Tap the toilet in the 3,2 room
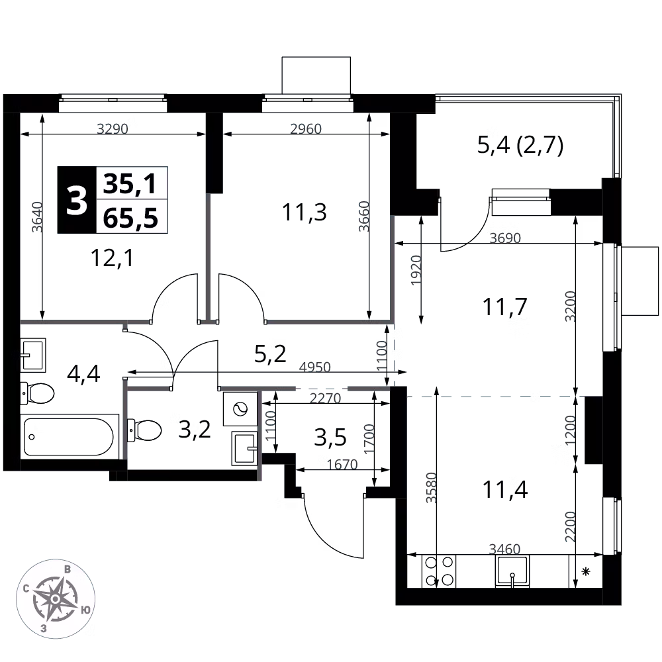[x=144, y=430]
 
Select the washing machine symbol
[x=240, y=408]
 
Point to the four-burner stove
[x=439, y=571]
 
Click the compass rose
[x=56, y=598]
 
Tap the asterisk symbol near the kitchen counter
[x=586, y=572]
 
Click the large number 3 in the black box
[x=77, y=201]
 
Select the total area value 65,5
[x=130, y=218]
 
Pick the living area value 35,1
[x=130, y=183]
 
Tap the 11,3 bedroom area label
[x=305, y=212]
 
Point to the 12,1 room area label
[x=113, y=258]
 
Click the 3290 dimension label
[x=113, y=128]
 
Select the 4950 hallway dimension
[x=314, y=367]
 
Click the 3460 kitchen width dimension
[x=504, y=549]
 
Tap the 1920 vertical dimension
[x=416, y=270]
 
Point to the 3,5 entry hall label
[x=330, y=438]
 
